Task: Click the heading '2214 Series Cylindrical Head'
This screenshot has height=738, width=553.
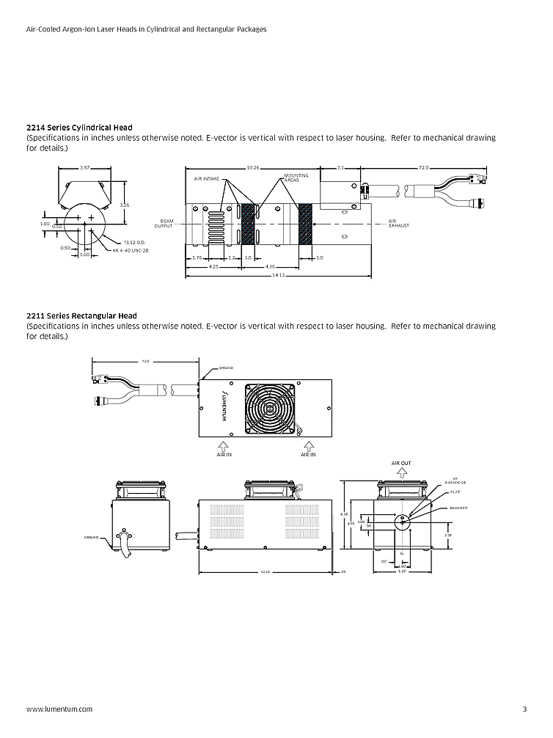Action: (x=79, y=128)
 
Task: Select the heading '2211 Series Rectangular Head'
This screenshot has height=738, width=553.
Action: (x=80, y=316)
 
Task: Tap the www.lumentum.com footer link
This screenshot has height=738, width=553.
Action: (x=59, y=709)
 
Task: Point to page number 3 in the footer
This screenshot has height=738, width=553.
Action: (x=524, y=709)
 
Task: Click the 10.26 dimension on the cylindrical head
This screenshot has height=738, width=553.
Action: (x=253, y=168)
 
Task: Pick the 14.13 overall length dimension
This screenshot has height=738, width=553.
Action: (x=277, y=275)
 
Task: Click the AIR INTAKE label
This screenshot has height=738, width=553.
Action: (x=208, y=178)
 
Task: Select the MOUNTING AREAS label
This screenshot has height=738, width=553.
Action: (x=296, y=178)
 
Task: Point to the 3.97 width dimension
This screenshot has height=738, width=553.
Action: (x=84, y=168)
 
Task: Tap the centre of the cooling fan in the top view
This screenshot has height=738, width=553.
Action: (x=273, y=408)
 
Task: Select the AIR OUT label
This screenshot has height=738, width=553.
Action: (x=401, y=464)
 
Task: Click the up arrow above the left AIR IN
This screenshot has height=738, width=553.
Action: (x=224, y=445)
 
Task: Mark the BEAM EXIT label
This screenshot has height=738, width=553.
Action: (x=459, y=507)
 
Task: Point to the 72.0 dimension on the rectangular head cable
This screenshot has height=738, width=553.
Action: (x=145, y=361)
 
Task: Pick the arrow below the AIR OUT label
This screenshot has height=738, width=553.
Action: (x=401, y=473)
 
